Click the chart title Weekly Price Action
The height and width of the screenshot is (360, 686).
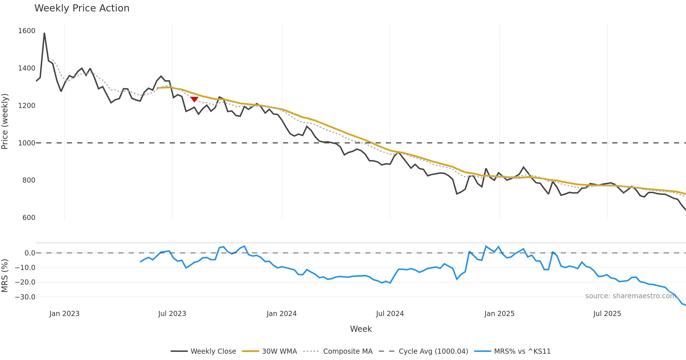pyautogui.click(x=82, y=8)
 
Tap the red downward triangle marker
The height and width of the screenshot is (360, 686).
pyautogui.click(x=194, y=99)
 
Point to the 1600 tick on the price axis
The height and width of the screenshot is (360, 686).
pyautogui.click(x=27, y=31)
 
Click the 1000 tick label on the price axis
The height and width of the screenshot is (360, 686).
pyautogui.click(x=27, y=143)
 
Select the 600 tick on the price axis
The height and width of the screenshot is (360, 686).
pyautogui.click(x=29, y=218)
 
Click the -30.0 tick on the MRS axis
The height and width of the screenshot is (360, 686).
pyautogui.click(x=25, y=297)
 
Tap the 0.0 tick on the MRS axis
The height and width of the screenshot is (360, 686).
pyautogui.click(x=30, y=253)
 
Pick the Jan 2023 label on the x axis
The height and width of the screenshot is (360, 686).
pyautogui.click(x=64, y=314)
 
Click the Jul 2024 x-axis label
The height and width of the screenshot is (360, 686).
pyautogui.click(x=390, y=314)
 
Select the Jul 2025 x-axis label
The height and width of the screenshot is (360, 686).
pyautogui.click(x=607, y=314)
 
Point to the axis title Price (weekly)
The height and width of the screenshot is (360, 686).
pyautogui.click(x=5, y=121)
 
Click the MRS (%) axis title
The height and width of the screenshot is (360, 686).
pyautogui.click(x=5, y=276)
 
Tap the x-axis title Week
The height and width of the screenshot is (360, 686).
pyautogui.click(x=361, y=329)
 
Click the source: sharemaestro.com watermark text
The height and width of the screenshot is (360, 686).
pyautogui.click(x=631, y=296)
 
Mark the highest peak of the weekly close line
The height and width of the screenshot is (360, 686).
pyautogui.click(x=44, y=33)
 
